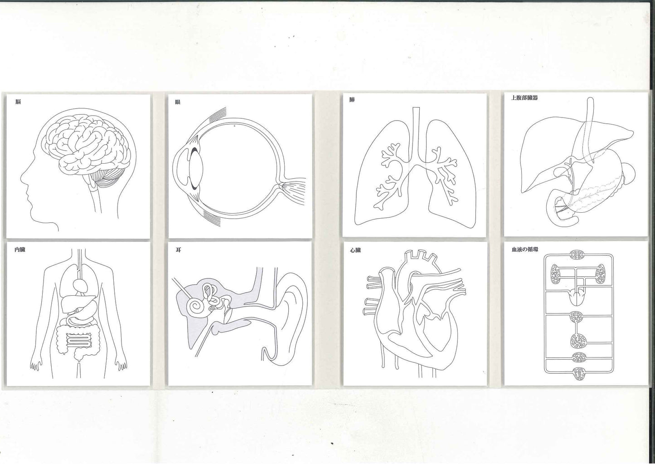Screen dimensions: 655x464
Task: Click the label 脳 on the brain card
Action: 18,102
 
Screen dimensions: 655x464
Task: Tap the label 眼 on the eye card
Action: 178,102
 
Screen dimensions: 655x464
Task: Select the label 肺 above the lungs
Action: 352,100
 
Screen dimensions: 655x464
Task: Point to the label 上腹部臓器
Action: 524,98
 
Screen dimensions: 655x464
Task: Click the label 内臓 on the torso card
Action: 20,249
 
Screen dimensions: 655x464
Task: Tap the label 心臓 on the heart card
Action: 355,250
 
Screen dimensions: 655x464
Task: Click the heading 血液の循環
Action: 525,249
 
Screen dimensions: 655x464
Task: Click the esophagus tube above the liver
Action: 590,129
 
